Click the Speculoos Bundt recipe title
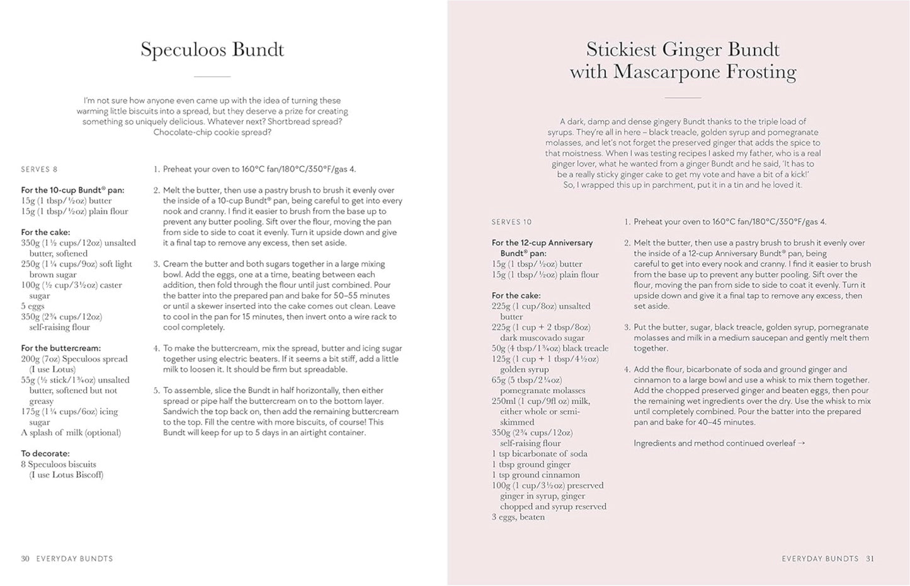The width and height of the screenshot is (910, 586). pos(212,50)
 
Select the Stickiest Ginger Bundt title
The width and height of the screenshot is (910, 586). pos(683,60)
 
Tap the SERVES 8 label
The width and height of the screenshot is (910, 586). pos(39,169)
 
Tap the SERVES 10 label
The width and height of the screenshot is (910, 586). pos(511,222)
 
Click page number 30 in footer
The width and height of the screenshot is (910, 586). pos(25,558)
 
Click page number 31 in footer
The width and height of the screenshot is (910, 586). pos(870,558)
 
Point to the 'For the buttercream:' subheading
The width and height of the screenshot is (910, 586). pos(60,348)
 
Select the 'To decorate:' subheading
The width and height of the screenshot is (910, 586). pos(45,453)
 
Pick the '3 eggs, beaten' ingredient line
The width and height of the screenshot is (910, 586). pos(518,517)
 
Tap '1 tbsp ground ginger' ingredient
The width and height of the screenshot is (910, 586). pos(531,464)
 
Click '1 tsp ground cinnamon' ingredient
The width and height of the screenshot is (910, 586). pos(535,474)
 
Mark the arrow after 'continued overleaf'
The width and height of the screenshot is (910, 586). pos(801,443)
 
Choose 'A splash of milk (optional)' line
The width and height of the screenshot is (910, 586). pos(71,432)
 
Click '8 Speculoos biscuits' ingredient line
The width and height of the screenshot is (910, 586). pos(59,464)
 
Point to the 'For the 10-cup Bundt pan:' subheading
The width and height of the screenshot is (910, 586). pos(72,190)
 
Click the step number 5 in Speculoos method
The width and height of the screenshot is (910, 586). pos(156,391)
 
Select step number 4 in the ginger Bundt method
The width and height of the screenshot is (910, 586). pos(627,369)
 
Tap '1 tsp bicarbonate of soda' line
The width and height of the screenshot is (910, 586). pos(539,454)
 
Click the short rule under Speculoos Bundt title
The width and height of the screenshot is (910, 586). pos(212,76)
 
